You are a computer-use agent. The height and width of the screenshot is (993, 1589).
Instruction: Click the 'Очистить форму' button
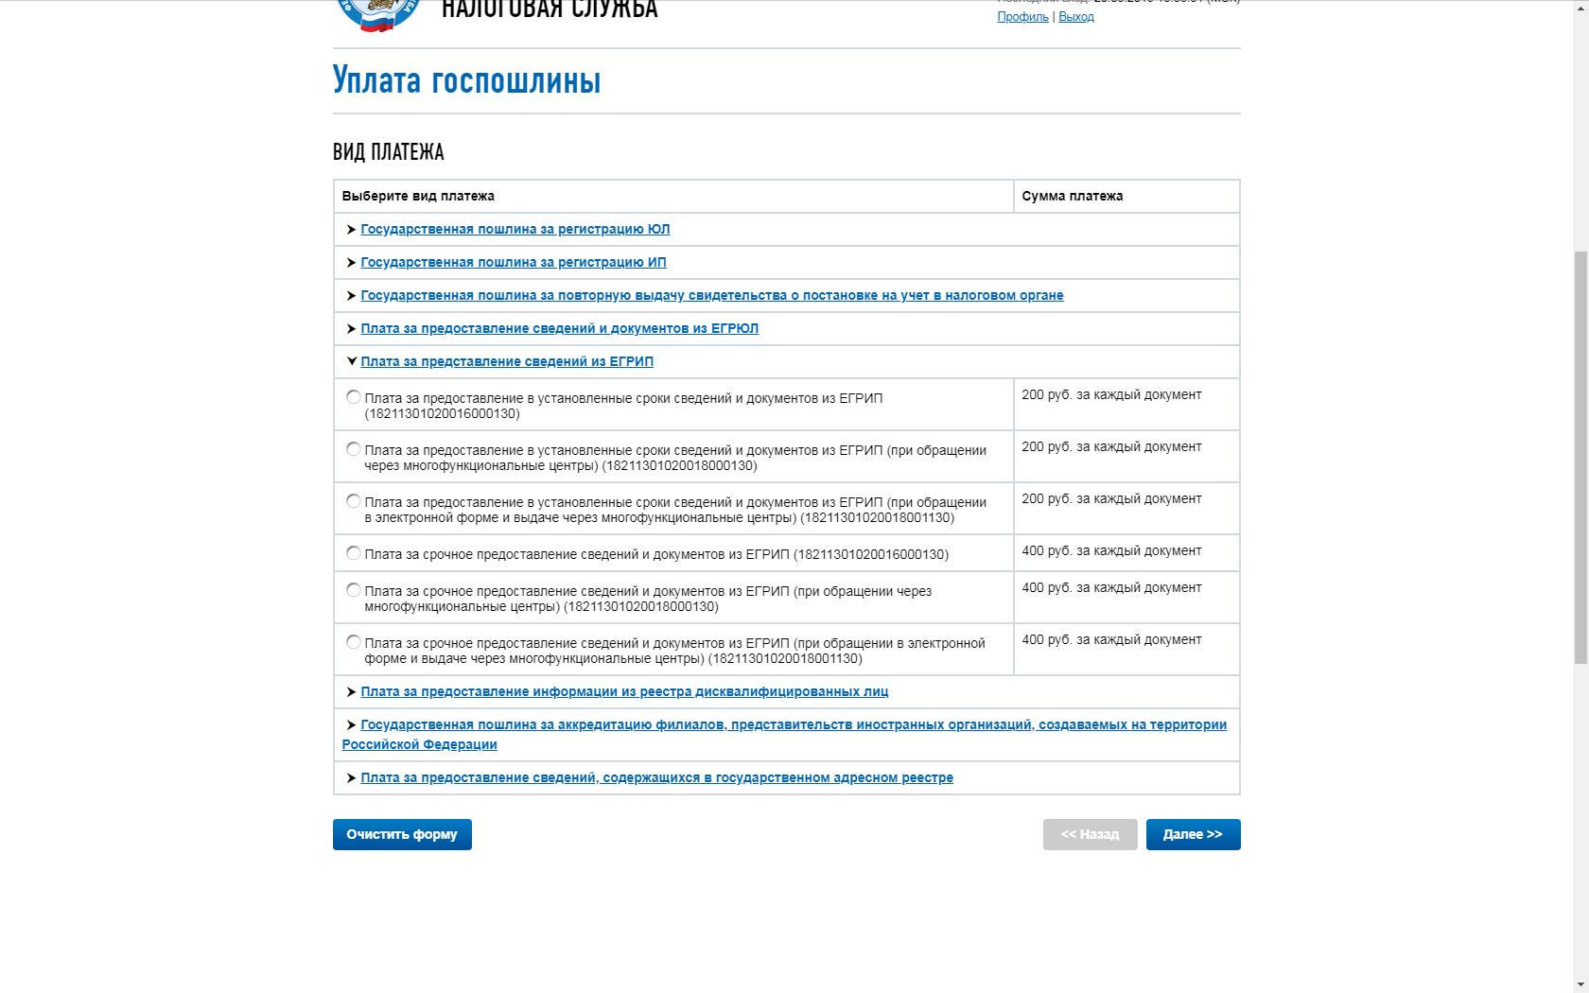pyautogui.click(x=402, y=834)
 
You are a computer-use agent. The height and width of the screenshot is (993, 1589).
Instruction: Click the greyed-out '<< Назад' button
pyautogui.click(x=1090, y=834)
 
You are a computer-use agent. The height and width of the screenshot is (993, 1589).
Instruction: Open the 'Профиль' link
pyautogui.click(x=1022, y=17)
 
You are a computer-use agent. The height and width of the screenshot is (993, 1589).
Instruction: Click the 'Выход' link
pyautogui.click(x=1076, y=17)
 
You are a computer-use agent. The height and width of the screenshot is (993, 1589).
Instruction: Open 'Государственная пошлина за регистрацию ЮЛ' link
pyautogui.click(x=515, y=229)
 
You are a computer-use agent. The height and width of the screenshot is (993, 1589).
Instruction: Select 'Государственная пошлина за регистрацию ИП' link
pyautogui.click(x=513, y=262)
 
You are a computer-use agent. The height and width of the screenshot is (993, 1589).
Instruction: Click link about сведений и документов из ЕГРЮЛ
pyautogui.click(x=559, y=328)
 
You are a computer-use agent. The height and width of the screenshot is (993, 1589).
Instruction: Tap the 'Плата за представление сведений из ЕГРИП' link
pyautogui.click(x=506, y=361)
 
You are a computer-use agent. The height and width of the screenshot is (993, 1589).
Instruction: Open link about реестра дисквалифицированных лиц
pyautogui.click(x=623, y=691)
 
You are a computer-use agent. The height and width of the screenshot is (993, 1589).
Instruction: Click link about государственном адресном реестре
pyautogui.click(x=656, y=777)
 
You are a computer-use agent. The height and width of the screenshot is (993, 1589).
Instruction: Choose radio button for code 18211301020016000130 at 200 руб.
pyautogui.click(x=354, y=397)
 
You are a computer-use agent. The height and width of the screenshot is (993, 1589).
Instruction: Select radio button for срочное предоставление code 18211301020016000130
pyautogui.click(x=354, y=553)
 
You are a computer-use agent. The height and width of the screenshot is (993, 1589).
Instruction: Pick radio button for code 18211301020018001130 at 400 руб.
pyautogui.click(x=354, y=642)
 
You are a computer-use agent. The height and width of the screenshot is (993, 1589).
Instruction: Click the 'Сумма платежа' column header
pyautogui.click(x=1072, y=196)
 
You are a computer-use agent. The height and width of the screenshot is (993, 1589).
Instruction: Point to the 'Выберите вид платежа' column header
pyautogui.click(x=418, y=196)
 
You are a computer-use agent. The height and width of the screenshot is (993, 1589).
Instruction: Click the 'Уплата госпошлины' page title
pyautogui.click(x=466, y=80)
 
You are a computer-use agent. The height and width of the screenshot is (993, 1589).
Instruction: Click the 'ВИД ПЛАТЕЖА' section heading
pyautogui.click(x=388, y=152)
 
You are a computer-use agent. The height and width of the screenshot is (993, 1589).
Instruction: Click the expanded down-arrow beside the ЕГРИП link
pyautogui.click(x=351, y=361)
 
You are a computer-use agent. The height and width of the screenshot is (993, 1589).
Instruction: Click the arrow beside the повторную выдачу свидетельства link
pyautogui.click(x=351, y=295)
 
